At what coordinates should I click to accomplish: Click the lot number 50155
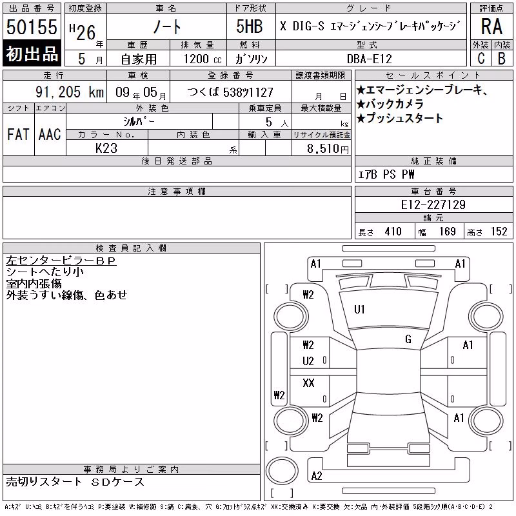tap(32, 26)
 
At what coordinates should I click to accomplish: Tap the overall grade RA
tap(491, 26)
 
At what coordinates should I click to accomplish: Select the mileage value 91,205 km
tap(70, 92)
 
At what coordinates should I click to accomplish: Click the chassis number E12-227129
tap(433, 204)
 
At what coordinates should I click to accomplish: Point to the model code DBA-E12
tap(370, 59)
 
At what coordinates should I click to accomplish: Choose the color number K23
tap(106, 148)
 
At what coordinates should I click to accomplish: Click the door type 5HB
tap(250, 26)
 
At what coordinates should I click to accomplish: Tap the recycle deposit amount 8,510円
tap(328, 149)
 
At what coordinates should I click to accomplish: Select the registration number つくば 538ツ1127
tap(230, 92)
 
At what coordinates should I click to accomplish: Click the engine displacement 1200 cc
tap(203, 59)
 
